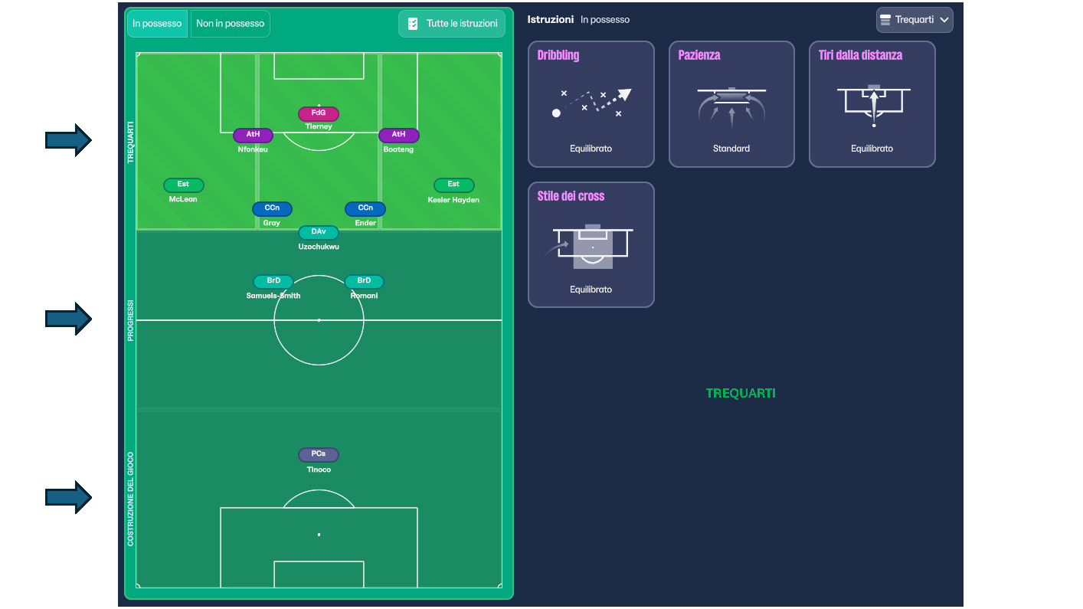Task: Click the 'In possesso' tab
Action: click(x=157, y=24)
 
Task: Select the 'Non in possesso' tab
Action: click(x=230, y=24)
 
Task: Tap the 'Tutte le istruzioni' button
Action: click(x=452, y=24)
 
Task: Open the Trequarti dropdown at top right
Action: click(x=914, y=20)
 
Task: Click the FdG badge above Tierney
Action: click(x=318, y=113)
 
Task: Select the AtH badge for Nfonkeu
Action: click(x=253, y=135)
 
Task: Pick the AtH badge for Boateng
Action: click(x=398, y=135)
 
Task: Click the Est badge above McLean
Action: click(x=183, y=185)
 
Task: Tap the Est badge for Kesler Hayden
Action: click(x=453, y=185)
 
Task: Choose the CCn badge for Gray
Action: click(x=272, y=208)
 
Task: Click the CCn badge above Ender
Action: click(x=365, y=208)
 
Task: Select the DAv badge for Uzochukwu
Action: click(x=318, y=232)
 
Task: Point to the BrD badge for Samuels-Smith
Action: click(x=273, y=281)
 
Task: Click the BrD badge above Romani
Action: click(x=364, y=281)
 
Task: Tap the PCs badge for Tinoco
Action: click(x=318, y=454)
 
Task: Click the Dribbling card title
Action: click(x=558, y=55)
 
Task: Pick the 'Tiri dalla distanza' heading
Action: click(x=860, y=55)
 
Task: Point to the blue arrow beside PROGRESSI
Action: click(x=68, y=319)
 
